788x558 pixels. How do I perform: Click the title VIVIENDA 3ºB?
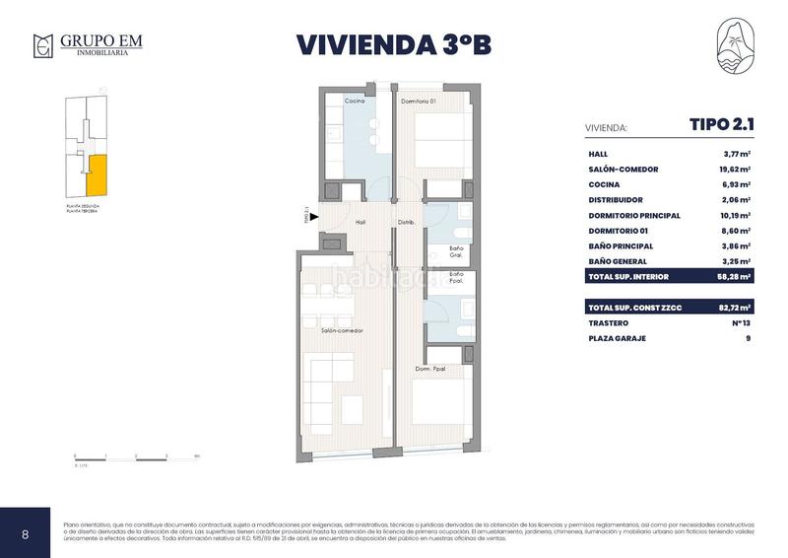[x=394, y=45]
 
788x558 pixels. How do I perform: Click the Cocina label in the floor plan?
[x=355, y=102]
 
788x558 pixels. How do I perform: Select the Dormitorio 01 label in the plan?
[x=418, y=102]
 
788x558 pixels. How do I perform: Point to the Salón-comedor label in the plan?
[x=342, y=331]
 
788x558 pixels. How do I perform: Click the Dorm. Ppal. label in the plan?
[x=429, y=370]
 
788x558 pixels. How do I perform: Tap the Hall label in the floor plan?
[x=361, y=223]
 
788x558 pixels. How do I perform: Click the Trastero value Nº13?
[x=740, y=323]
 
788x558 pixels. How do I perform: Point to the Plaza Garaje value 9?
[x=748, y=338]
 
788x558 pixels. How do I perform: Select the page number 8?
[x=26, y=534]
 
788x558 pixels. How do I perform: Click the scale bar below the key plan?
[x=137, y=455]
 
